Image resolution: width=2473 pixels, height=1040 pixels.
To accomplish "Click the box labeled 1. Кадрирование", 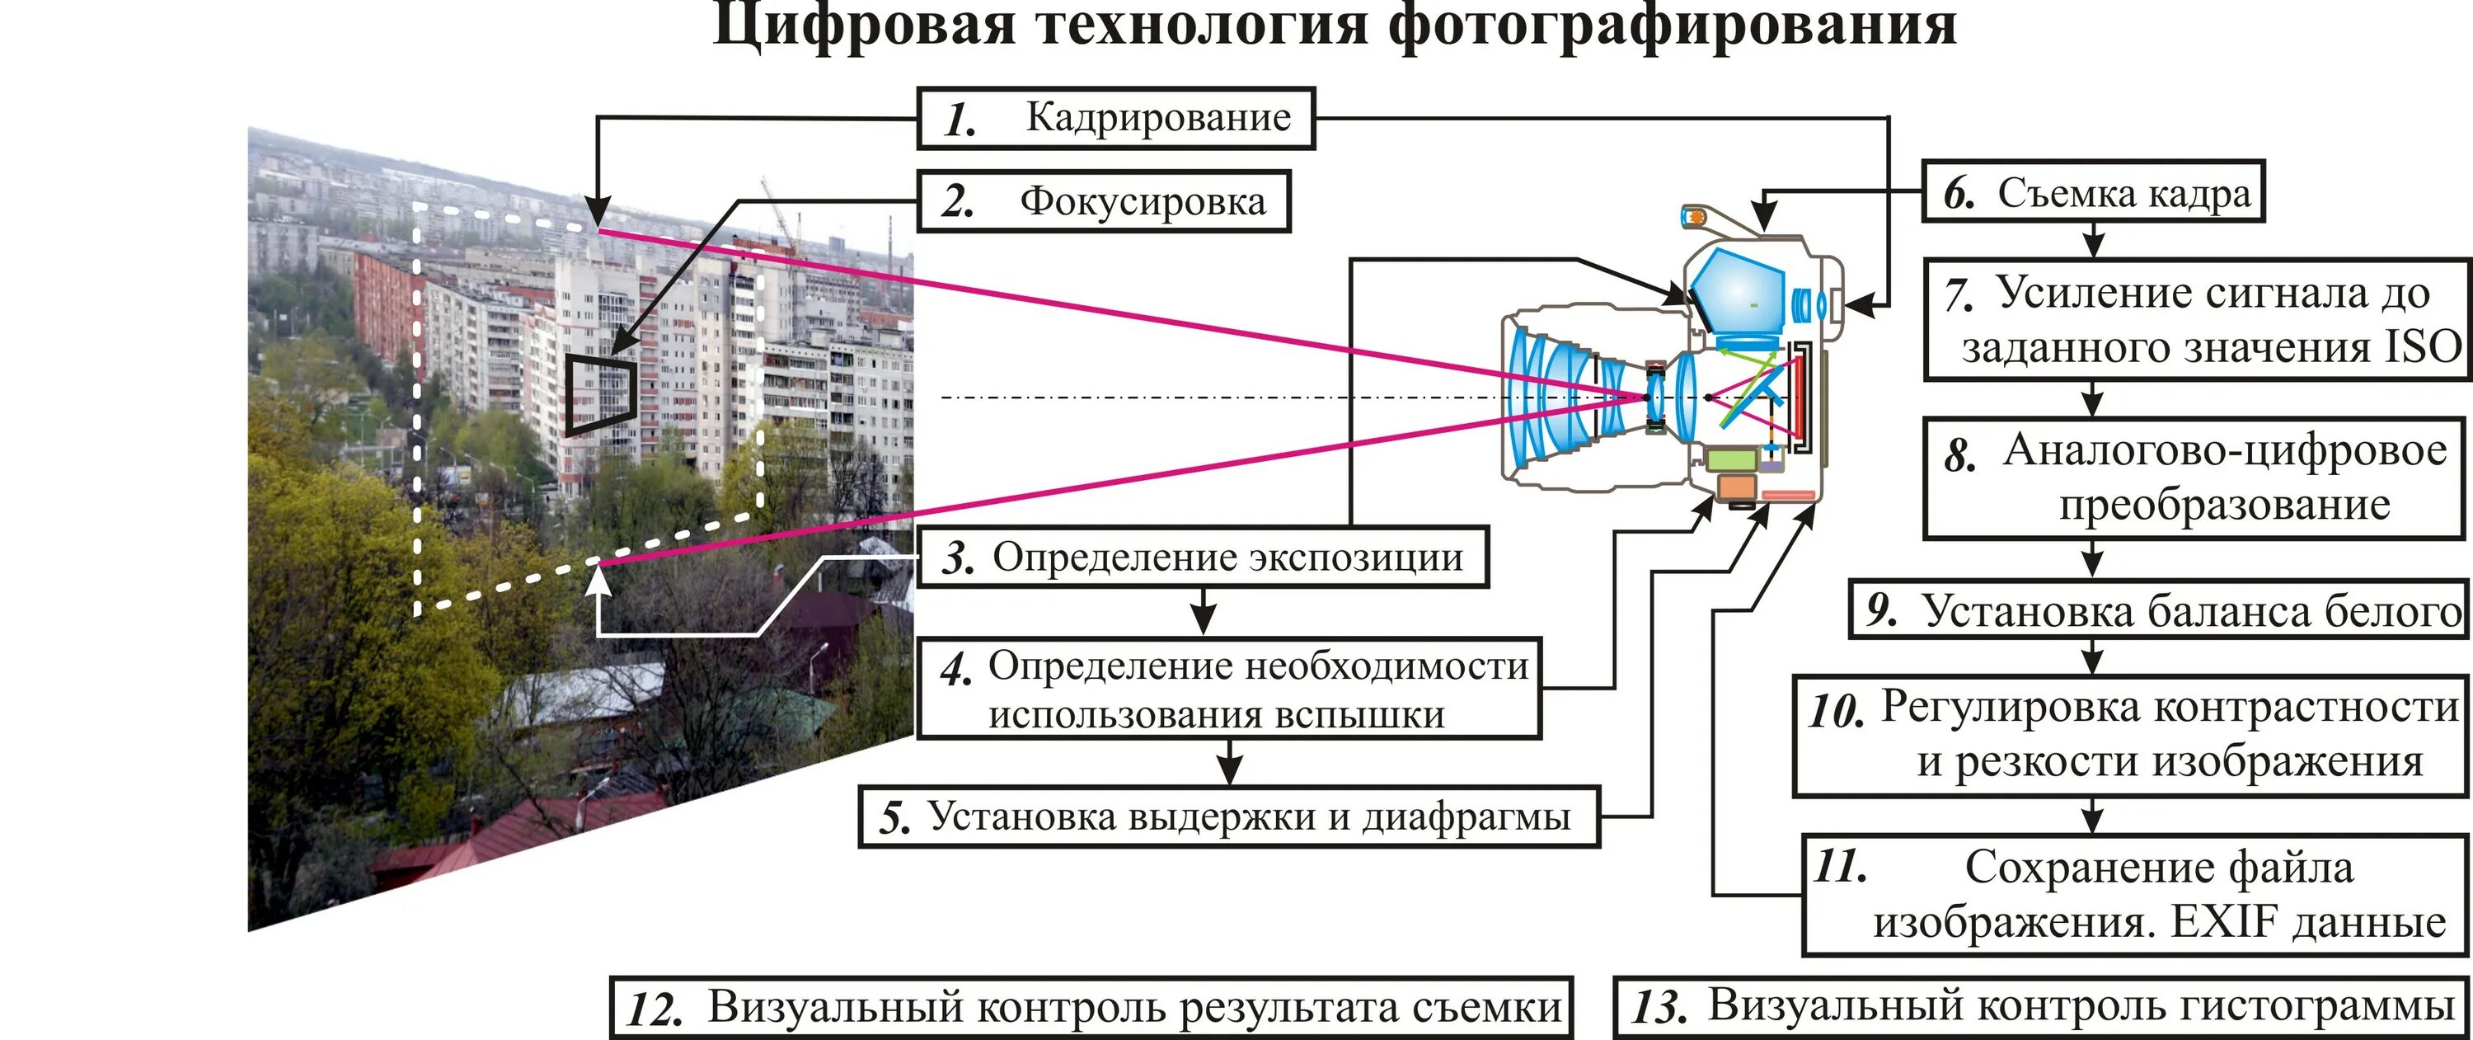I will (x=1115, y=118).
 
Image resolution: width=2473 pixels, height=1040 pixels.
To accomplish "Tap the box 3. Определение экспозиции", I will (x=1203, y=557).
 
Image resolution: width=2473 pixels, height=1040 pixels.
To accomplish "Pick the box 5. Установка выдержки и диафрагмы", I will (x=1229, y=817).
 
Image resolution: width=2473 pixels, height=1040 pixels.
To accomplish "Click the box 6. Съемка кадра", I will (x=2093, y=193).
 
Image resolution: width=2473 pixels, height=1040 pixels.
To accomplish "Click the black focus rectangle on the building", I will (x=599, y=393).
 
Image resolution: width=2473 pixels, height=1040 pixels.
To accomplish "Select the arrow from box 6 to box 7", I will (x=2093, y=240).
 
